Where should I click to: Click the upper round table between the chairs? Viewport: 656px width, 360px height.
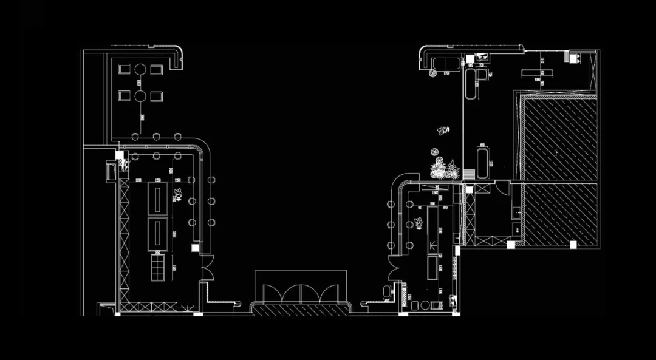(140, 69)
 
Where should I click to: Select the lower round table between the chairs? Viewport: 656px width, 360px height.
(140, 95)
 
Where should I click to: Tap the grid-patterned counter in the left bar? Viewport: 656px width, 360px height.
(158, 267)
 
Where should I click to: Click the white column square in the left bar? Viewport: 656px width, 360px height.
(195, 247)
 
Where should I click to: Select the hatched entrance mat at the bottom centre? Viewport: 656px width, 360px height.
(301, 310)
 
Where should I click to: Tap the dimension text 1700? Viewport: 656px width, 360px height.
(446, 73)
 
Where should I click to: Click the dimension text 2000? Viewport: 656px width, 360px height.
(538, 79)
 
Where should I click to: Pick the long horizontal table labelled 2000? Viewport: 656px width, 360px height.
(538, 73)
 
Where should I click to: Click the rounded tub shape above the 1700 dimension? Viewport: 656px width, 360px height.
(445, 63)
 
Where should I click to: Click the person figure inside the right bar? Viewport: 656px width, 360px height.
(420, 223)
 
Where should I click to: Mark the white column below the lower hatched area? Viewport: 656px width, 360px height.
(572, 245)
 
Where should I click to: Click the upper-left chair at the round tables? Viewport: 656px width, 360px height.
(125, 69)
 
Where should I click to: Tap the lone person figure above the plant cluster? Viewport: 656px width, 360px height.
(443, 130)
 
